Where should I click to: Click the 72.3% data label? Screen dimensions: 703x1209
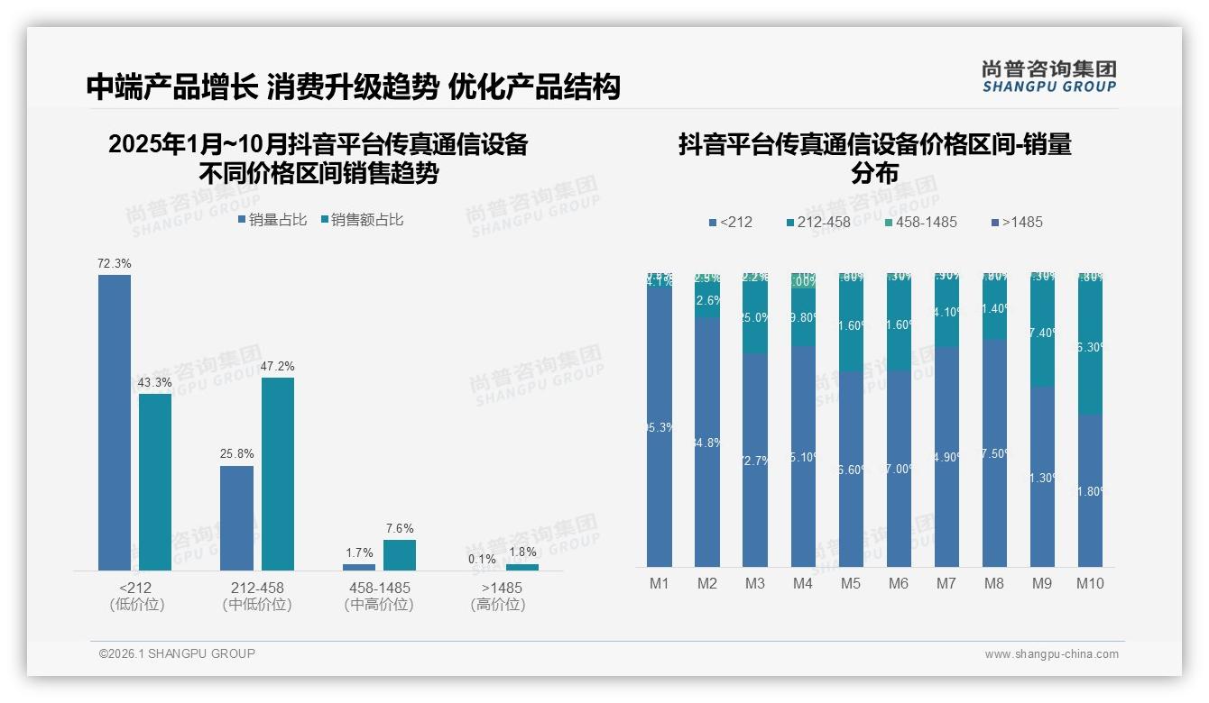(115, 264)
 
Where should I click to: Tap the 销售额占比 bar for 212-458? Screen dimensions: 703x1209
(278, 473)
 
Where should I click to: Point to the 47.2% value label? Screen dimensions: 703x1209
(278, 367)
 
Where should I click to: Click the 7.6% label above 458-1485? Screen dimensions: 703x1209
(400, 529)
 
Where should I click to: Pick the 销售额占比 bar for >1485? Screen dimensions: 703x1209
(522, 567)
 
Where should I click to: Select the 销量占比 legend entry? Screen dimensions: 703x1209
(272, 220)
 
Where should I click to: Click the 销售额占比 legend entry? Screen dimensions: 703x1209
(362, 220)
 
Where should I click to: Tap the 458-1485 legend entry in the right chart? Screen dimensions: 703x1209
(919, 222)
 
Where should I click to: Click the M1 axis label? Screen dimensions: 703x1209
(660, 584)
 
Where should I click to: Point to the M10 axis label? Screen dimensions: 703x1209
(1090, 584)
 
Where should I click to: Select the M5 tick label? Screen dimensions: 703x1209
(851, 584)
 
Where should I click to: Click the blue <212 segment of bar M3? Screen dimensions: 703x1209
(755, 460)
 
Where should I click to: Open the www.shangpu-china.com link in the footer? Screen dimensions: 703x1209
(1051, 654)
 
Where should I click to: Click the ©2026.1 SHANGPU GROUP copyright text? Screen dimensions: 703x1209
(177, 653)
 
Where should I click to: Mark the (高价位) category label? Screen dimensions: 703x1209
(498, 605)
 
